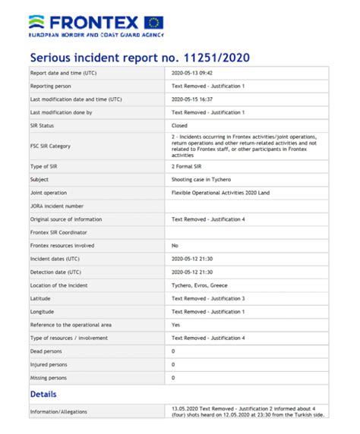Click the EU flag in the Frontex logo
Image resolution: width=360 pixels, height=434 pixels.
(153, 22)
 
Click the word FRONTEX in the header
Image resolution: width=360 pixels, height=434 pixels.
(94, 21)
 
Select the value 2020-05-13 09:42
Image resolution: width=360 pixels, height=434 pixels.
(194, 73)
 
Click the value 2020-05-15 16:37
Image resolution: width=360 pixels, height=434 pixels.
(194, 99)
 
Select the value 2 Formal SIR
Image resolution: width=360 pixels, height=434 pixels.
(188, 165)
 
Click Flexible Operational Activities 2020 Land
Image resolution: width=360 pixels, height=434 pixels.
(220, 192)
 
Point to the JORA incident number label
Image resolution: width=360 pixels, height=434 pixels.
(56, 206)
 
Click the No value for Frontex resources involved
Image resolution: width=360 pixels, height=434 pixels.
(175, 245)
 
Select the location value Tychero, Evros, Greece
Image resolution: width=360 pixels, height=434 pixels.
(200, 285)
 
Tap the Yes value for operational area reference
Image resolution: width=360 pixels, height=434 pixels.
(176, 324)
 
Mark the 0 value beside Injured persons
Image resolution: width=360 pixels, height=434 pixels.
(174, 363)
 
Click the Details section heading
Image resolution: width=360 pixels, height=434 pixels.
(43, 394)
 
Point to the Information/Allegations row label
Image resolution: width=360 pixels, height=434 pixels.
(58, 412)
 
